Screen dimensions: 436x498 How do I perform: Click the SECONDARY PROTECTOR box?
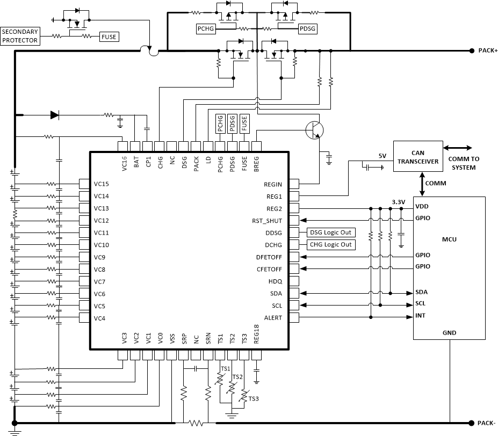click(20, 36)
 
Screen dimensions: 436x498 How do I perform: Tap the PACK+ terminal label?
click(488, 50)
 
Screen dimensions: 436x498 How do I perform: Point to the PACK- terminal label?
click(488, 423)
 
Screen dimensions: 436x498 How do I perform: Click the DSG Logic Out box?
click(331, 232)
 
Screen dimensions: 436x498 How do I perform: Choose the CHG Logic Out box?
click(331, 244)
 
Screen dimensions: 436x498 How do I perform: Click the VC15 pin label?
click(102, 184)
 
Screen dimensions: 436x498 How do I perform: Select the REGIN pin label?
click(272, 184)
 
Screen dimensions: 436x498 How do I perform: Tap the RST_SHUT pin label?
click(267, 221)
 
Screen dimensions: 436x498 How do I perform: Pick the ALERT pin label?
click(272, 318)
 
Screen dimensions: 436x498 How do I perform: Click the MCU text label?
click(449, 238)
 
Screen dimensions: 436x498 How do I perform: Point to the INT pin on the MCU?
click(420, 315)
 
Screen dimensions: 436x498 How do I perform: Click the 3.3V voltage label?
click(398, 202)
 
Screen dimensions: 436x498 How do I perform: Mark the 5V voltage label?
click(382, 156)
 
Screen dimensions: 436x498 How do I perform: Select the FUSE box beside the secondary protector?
click(109, 37)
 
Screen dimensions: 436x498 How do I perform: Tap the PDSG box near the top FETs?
click(307, 28)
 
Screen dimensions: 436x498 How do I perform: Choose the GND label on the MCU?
click(449, 333)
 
